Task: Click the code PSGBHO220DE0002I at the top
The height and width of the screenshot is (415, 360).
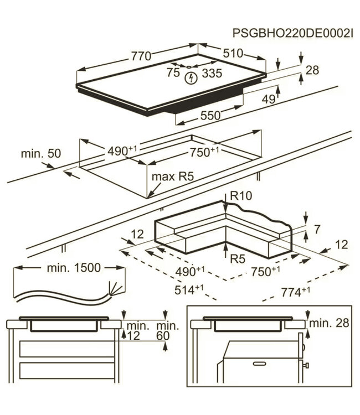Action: [x=293, y=33]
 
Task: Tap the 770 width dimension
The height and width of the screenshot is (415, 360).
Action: [x=141, y=56]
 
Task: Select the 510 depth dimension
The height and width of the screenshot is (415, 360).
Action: [x=233, y=53]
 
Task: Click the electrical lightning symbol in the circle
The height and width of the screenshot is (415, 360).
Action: [x=191, y=78]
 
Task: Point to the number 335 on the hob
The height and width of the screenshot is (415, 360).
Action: [x=212, y=73]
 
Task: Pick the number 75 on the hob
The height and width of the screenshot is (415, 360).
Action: [x=173, y=72]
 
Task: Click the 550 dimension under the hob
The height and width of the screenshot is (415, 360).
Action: [x=210, y=116]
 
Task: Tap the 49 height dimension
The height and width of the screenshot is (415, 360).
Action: [x=269, y=99]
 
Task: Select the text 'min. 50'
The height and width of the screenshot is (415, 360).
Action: [x=41, y=153]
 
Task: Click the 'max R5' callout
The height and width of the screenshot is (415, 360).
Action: [x=173, y=177]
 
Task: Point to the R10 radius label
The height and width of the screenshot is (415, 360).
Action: [x=241, y=196]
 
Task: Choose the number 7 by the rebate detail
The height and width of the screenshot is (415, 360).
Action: [x=317, y=229]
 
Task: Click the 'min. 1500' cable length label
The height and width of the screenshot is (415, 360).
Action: [x=74, y=268]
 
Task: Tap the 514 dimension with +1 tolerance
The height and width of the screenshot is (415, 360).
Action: [x=189, y=290]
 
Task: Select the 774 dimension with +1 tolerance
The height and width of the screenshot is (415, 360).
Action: [x=295, y=292]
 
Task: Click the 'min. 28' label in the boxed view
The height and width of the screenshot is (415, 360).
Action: [x=330, y=323]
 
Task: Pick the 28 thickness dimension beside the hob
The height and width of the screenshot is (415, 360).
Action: [x=312, y=70]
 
